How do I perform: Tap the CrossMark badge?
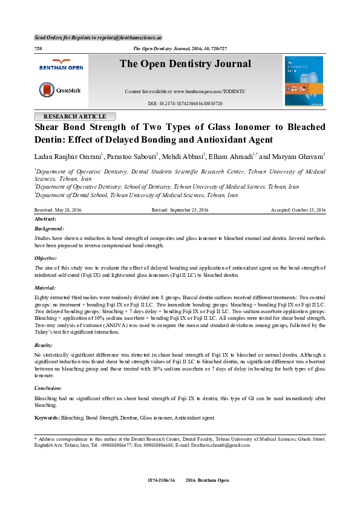pyautogui.click(x=60, y=91)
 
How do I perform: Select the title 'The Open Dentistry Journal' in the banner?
pyautogui.click(x=185, y=64)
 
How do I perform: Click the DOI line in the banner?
pyautogui.click(x=185, y=103)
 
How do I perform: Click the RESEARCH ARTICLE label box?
pyautogui.click(x=75, y=117)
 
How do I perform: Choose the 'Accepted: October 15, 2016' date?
pyautogui.click(x=297, y=210)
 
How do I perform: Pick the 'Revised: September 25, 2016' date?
pyautogui.click(x=180, y=210)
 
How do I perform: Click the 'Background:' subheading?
pyautogui.click(x=49, y=229)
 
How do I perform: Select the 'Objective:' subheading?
pyautogui.click(x=47, y=258)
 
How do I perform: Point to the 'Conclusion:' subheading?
pyautogui.click(x=48, y=387)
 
